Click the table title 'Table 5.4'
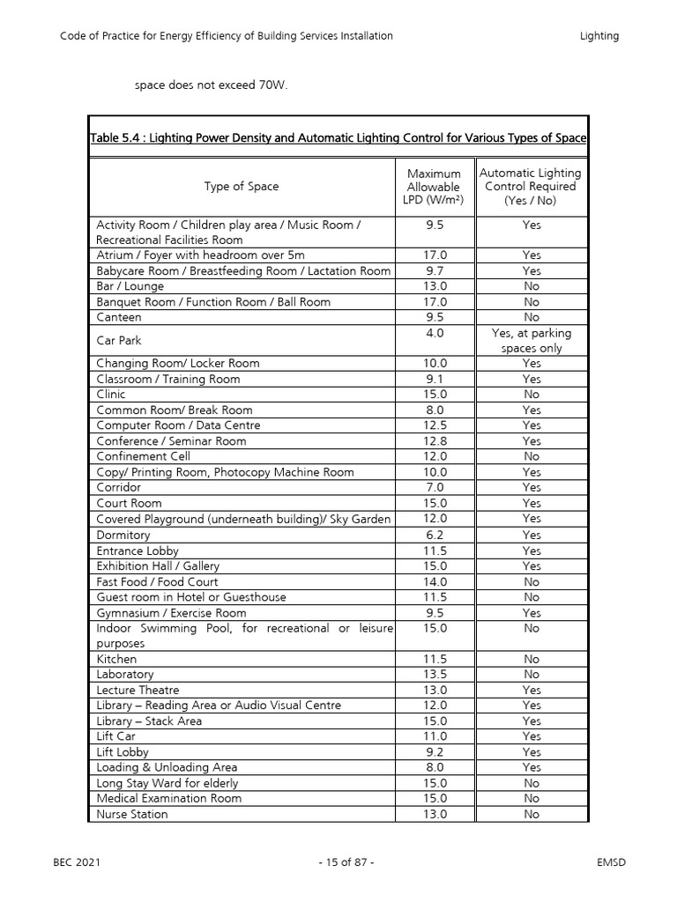point(338,138)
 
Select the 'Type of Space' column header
point(241,186)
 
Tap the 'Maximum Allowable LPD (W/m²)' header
point(434,187)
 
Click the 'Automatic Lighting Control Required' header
point(531,187)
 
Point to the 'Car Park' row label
point(118,340)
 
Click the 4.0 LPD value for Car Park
point(434,333)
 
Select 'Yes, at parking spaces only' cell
point(531,340)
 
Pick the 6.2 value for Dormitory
point(435,535)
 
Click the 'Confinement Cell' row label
point(143,456)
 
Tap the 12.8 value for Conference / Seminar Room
point(435,441)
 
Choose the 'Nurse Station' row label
point(131,814)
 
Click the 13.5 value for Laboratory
point(435,675)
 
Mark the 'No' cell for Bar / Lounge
point(531,286)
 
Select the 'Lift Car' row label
point(116,736)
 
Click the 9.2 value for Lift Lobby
point(435,752)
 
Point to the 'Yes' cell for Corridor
point(531,488)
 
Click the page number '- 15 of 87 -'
point(346,862)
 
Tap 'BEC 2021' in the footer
point(77,862)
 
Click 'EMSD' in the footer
point(611,862)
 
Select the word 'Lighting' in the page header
point(599,36)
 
